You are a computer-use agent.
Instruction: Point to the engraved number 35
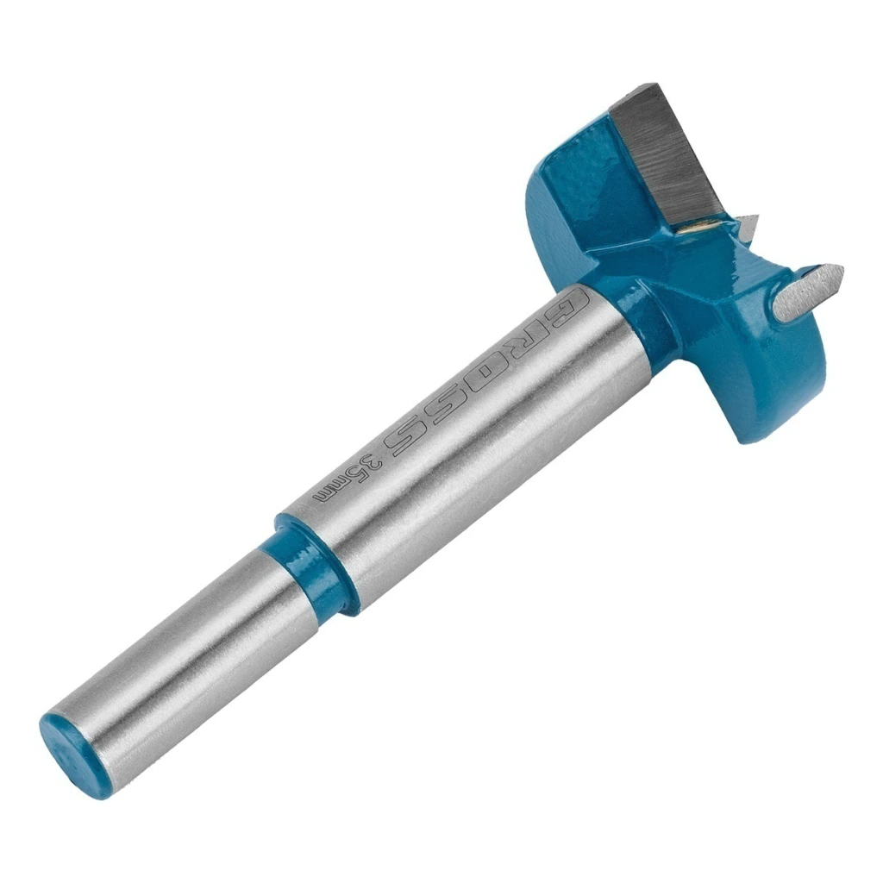(x=373, y=464)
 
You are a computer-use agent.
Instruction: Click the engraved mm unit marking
(x=335, y=490)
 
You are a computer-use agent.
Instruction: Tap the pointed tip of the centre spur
(x=843, y=269)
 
